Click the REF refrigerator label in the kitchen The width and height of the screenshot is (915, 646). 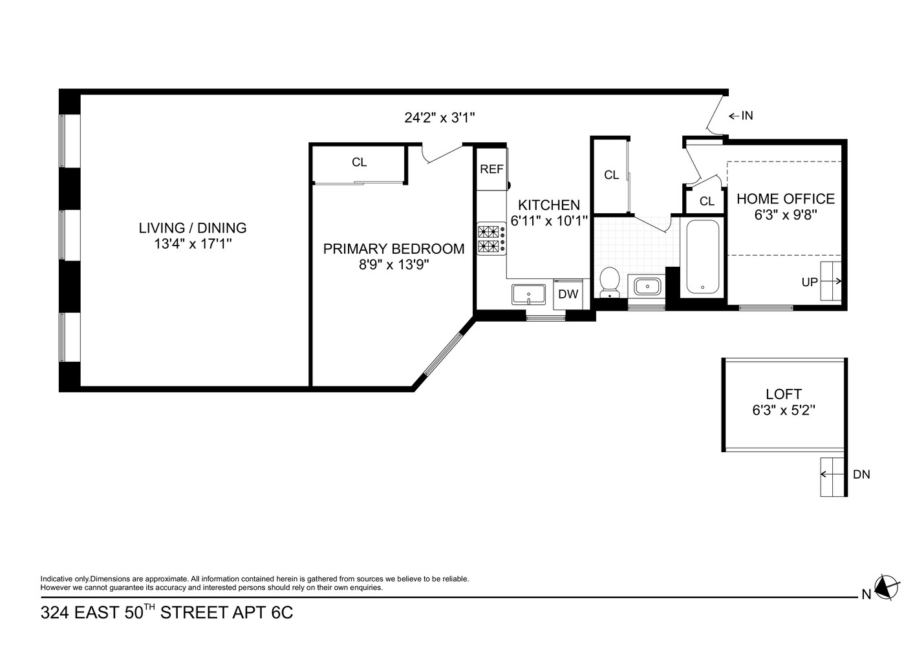click(491, 169)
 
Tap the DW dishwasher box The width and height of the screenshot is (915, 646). click(568, 295)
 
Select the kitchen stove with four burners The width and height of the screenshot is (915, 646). click(491, 238)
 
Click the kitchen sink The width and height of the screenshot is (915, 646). click(528, 295)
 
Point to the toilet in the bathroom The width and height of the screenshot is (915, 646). click(609, 283)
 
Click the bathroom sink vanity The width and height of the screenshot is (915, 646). click(646, 286)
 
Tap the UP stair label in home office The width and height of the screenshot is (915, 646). click(810, 282)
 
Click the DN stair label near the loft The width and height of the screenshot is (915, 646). click(861, 475)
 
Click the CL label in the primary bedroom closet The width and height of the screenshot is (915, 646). click(359, 163)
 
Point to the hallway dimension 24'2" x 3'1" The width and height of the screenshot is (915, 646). click(440, 118)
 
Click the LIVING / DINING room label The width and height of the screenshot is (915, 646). click(193, 228)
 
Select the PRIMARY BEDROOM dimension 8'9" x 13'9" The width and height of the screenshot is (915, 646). click(394, 265)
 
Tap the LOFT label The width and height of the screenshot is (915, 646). click(783, 394)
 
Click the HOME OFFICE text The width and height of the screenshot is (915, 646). click(786, 199)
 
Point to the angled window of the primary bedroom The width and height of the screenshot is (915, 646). click(444, 354)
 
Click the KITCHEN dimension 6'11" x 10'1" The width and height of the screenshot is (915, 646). click(549, 221)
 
